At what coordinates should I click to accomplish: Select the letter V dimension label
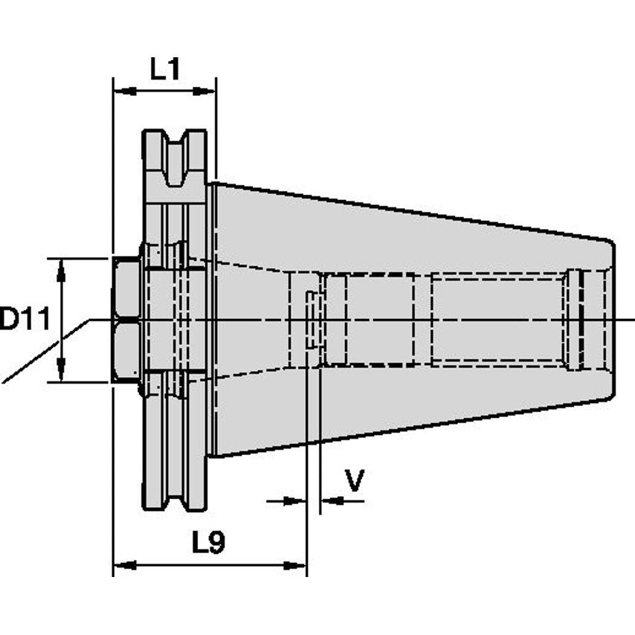click(355, 481)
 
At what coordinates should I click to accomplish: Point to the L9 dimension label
click(208, 544)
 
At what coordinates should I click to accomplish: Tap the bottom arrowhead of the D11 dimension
click(62, 373)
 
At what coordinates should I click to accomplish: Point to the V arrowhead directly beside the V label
click(329, 501)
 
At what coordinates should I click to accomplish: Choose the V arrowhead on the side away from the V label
click(297, 501)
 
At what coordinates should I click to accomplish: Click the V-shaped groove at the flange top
click(175, 160)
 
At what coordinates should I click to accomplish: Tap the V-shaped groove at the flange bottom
click(175, 483)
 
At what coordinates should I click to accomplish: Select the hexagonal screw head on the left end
click(126, 320)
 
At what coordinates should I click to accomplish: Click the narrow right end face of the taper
click(611, 320)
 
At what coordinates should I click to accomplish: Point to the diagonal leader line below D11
click(45, 353)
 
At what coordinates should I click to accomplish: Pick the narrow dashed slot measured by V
click(313, 320)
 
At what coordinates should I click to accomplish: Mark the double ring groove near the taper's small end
click(576, 320)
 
